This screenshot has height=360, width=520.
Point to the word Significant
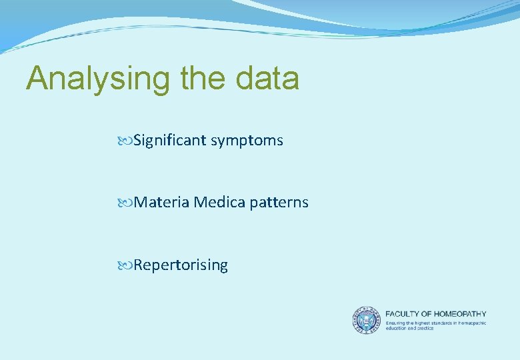pos(170,141)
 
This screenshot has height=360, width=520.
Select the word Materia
pos(161,203)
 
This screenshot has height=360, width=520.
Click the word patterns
pos(279,203)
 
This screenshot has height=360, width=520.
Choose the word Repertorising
pos(181,265)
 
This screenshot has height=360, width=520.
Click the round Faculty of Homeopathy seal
pos(366,320)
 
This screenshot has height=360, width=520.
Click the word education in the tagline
pos(397,328)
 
